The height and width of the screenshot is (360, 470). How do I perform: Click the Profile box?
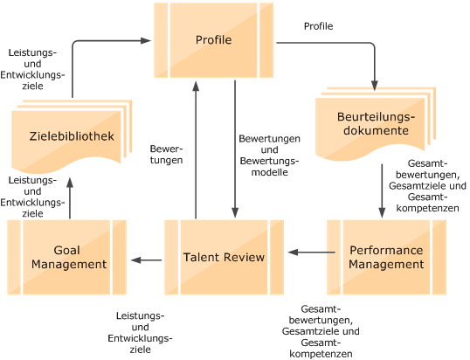[214, 39]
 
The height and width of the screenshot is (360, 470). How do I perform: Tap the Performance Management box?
[385, 257]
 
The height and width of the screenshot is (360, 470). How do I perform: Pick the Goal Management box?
[66, 257]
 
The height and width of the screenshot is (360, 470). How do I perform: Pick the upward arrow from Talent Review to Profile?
[196, 149]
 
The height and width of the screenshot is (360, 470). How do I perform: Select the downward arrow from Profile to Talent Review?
[233, 149]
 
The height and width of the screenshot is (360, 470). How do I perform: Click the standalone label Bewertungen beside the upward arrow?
[166, 154]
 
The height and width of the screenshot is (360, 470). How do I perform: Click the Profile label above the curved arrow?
[318, 26]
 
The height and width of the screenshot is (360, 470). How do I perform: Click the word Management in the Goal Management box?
[66, 264]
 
